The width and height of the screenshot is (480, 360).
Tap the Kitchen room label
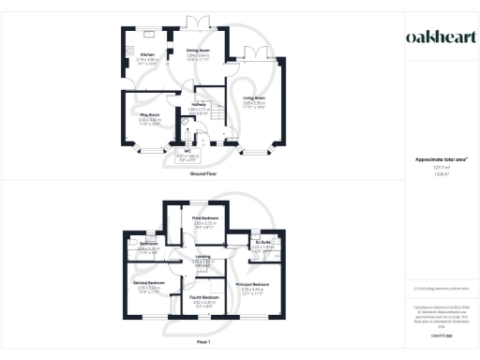(x=147, y=55)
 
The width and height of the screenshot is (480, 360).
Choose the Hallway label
(x=199, y=105)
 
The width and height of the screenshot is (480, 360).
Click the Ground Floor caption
(x=205, y=174)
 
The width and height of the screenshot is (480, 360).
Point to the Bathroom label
(x=149, y=247)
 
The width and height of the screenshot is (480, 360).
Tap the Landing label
(x=203, y=257)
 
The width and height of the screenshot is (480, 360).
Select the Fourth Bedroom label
(x=204, y=299)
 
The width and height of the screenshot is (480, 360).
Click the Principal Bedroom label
(x=253, y=283)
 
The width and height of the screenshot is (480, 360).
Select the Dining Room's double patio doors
(x=197, y=22)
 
